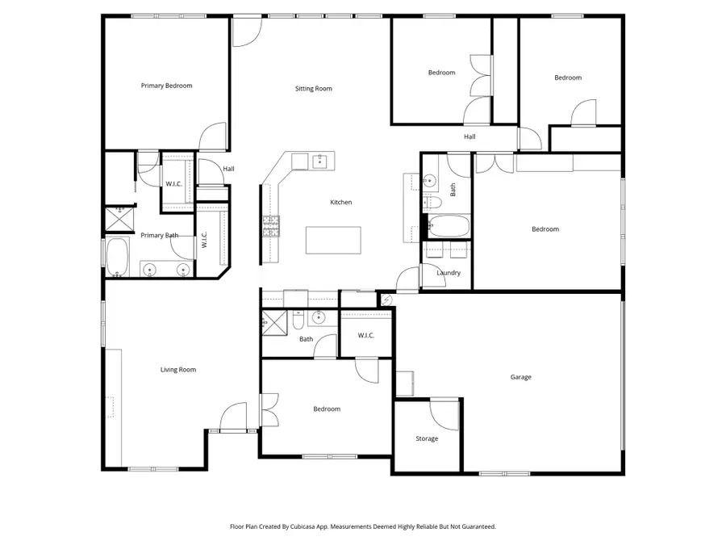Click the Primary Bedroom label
(166, 86)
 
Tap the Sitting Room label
(313, 89)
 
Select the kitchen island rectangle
(333, 240)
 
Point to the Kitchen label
(340, 203)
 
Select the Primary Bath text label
(159, 236)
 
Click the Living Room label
(177, 370)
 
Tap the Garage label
(520, 377)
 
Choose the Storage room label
(427, 439)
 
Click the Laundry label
(448, 273)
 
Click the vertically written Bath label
(453, 191)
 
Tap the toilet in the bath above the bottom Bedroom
(298, 321)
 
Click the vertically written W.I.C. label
(204, 240)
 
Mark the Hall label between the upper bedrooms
(469, 137)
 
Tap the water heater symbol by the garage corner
(386, 300)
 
